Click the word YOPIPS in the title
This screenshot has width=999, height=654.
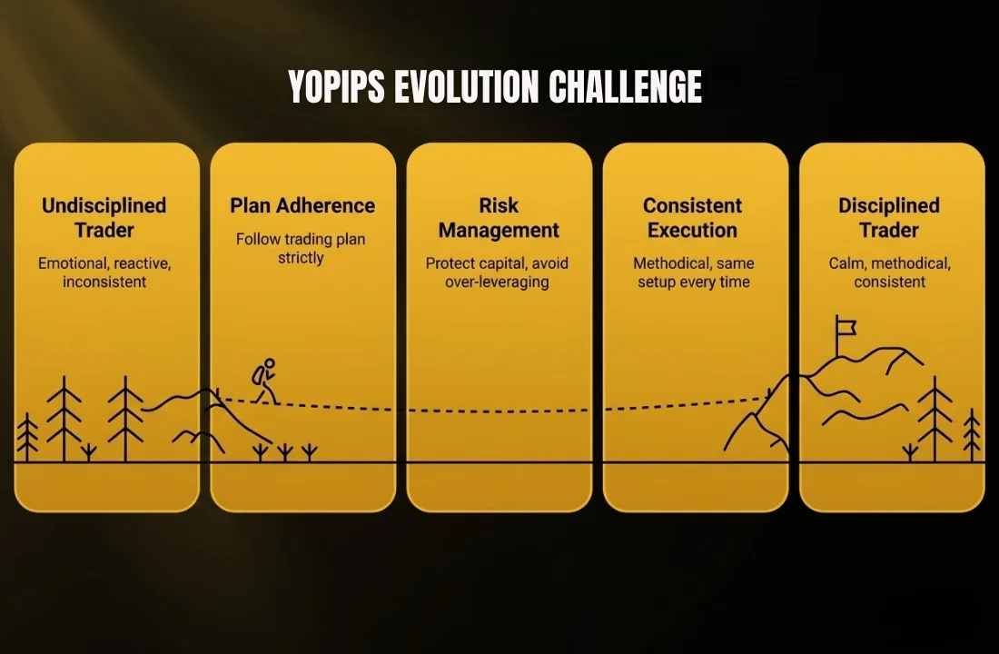point(336,86)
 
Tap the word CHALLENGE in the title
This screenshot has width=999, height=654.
point(625,86)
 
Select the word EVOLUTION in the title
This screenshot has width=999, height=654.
point(467,86)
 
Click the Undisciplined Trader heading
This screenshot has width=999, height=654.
point(104,217)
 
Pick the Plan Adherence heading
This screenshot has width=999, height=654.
point(302,205)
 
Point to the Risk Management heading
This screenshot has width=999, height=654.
point(499,217)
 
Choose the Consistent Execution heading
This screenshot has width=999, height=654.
point(693,217)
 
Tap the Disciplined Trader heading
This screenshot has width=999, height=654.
point(889,217)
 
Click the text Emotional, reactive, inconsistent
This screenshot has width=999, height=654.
point(104,272)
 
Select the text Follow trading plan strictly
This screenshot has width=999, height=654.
point(301,248)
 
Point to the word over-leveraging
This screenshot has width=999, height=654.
point(497,282)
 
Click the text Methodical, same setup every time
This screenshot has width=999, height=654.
point(694,272)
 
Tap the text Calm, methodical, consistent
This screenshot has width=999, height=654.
point(889,272)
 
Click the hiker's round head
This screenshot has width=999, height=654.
point(270,363)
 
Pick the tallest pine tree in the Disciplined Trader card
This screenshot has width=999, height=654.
point(935,419)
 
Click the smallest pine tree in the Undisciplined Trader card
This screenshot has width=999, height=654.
point(26,437)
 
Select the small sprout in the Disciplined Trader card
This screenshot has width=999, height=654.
point(910,452)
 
